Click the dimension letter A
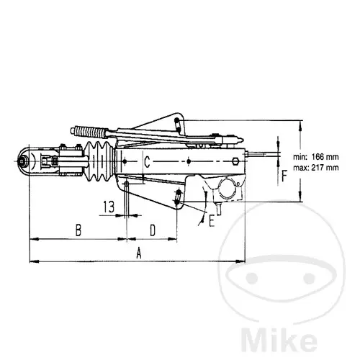click(139, 253)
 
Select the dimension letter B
click(78, 230)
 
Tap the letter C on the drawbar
click(147, 161)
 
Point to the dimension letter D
click(153, 230)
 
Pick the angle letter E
click(212, 221)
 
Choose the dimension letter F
click(284, 176)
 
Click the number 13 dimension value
click(109, 207)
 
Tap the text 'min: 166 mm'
click(316, 157)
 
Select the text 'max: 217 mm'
click(316, 168)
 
